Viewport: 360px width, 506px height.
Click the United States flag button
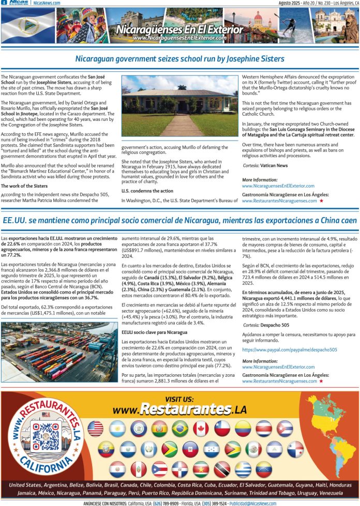(x=95, y=428)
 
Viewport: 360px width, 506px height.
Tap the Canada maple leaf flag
(x=201, y=428)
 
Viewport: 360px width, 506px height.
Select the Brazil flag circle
(x=179, y=428)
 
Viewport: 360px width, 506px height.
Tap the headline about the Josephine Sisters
(x=179, y=59)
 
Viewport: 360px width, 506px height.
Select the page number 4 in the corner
(x=4, y=3)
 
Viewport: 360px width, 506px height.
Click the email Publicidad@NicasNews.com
(x=253, y=503)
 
